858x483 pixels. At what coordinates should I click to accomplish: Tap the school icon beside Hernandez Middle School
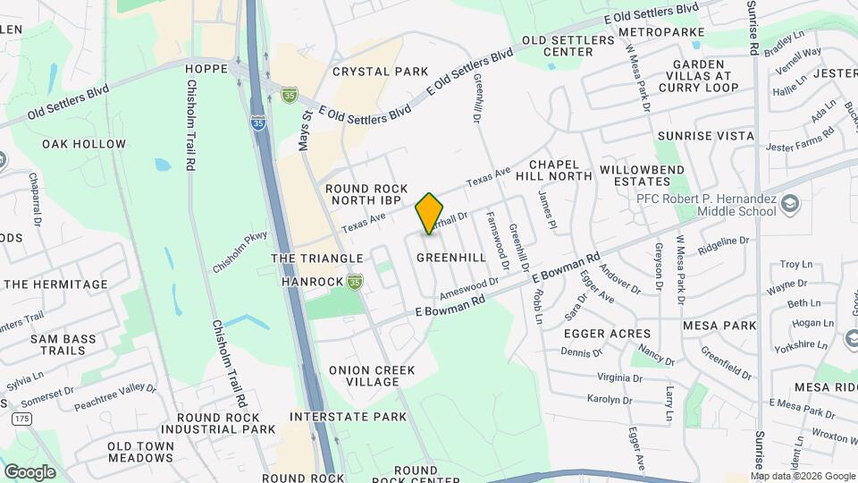(x=790, y=205)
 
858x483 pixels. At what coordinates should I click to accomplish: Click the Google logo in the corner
(x=29, y=471)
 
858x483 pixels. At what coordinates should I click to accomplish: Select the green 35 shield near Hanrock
(x=356, y=282)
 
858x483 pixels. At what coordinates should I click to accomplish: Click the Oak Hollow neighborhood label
(x=84, y=144)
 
